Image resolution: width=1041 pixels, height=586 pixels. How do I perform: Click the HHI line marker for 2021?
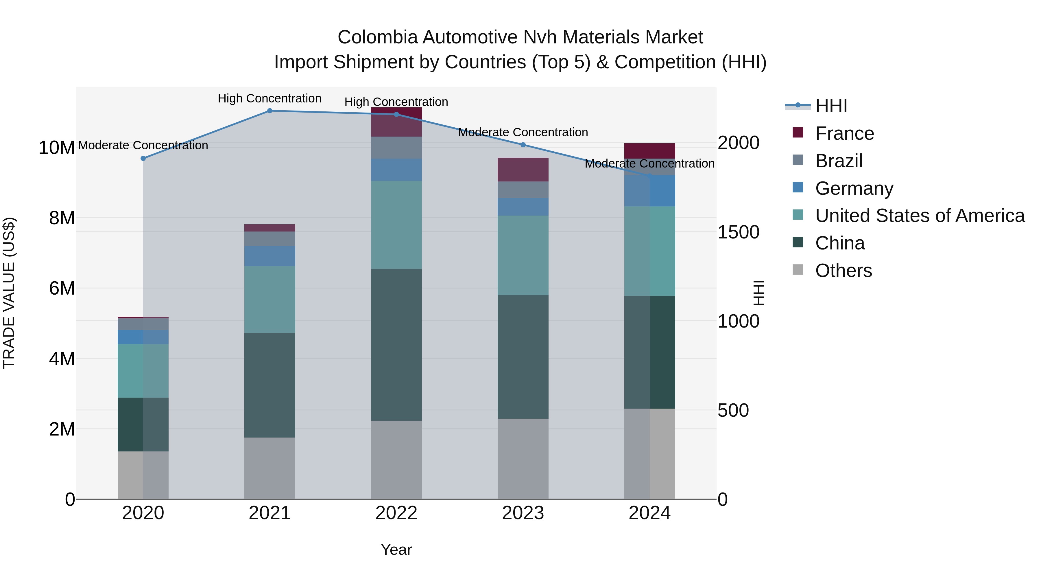coord(270,111)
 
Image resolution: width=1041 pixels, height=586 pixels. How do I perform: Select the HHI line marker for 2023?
coord(523,145)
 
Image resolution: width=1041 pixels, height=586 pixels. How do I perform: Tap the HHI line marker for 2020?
coord(143,159)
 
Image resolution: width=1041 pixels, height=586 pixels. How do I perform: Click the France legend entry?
coord(844,133)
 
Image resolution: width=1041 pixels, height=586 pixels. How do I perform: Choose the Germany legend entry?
coord(854,188)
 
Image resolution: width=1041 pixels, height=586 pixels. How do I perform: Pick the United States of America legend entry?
coord(920,216)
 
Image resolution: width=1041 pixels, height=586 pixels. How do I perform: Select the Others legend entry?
coord(843,271)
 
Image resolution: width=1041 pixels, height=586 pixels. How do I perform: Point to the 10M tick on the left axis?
coord(57,148)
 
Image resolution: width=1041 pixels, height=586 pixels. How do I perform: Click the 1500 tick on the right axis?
coord(738,233)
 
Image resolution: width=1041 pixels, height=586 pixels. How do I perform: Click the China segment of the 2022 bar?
coord(396,345)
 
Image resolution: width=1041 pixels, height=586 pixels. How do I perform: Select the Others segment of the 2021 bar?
coord(270,468)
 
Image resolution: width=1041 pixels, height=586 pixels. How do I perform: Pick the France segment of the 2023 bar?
coord(523,170)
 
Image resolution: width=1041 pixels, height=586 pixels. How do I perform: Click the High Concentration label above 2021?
coord(270,99)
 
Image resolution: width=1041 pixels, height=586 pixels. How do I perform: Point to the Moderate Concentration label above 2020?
coord(143,146)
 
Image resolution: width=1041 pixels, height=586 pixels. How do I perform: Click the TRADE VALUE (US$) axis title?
coord(9,293)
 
